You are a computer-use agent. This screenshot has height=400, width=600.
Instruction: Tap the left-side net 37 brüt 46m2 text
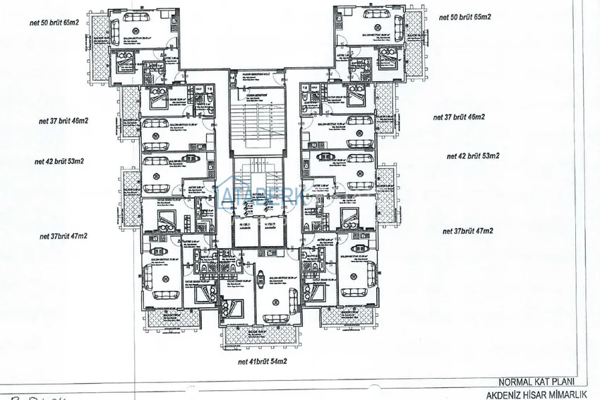63,121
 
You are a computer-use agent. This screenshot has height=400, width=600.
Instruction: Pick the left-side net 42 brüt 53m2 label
59,161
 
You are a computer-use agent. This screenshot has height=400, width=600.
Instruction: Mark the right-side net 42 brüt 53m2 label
473,155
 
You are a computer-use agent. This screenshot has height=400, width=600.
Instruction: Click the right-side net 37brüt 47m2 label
467,231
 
